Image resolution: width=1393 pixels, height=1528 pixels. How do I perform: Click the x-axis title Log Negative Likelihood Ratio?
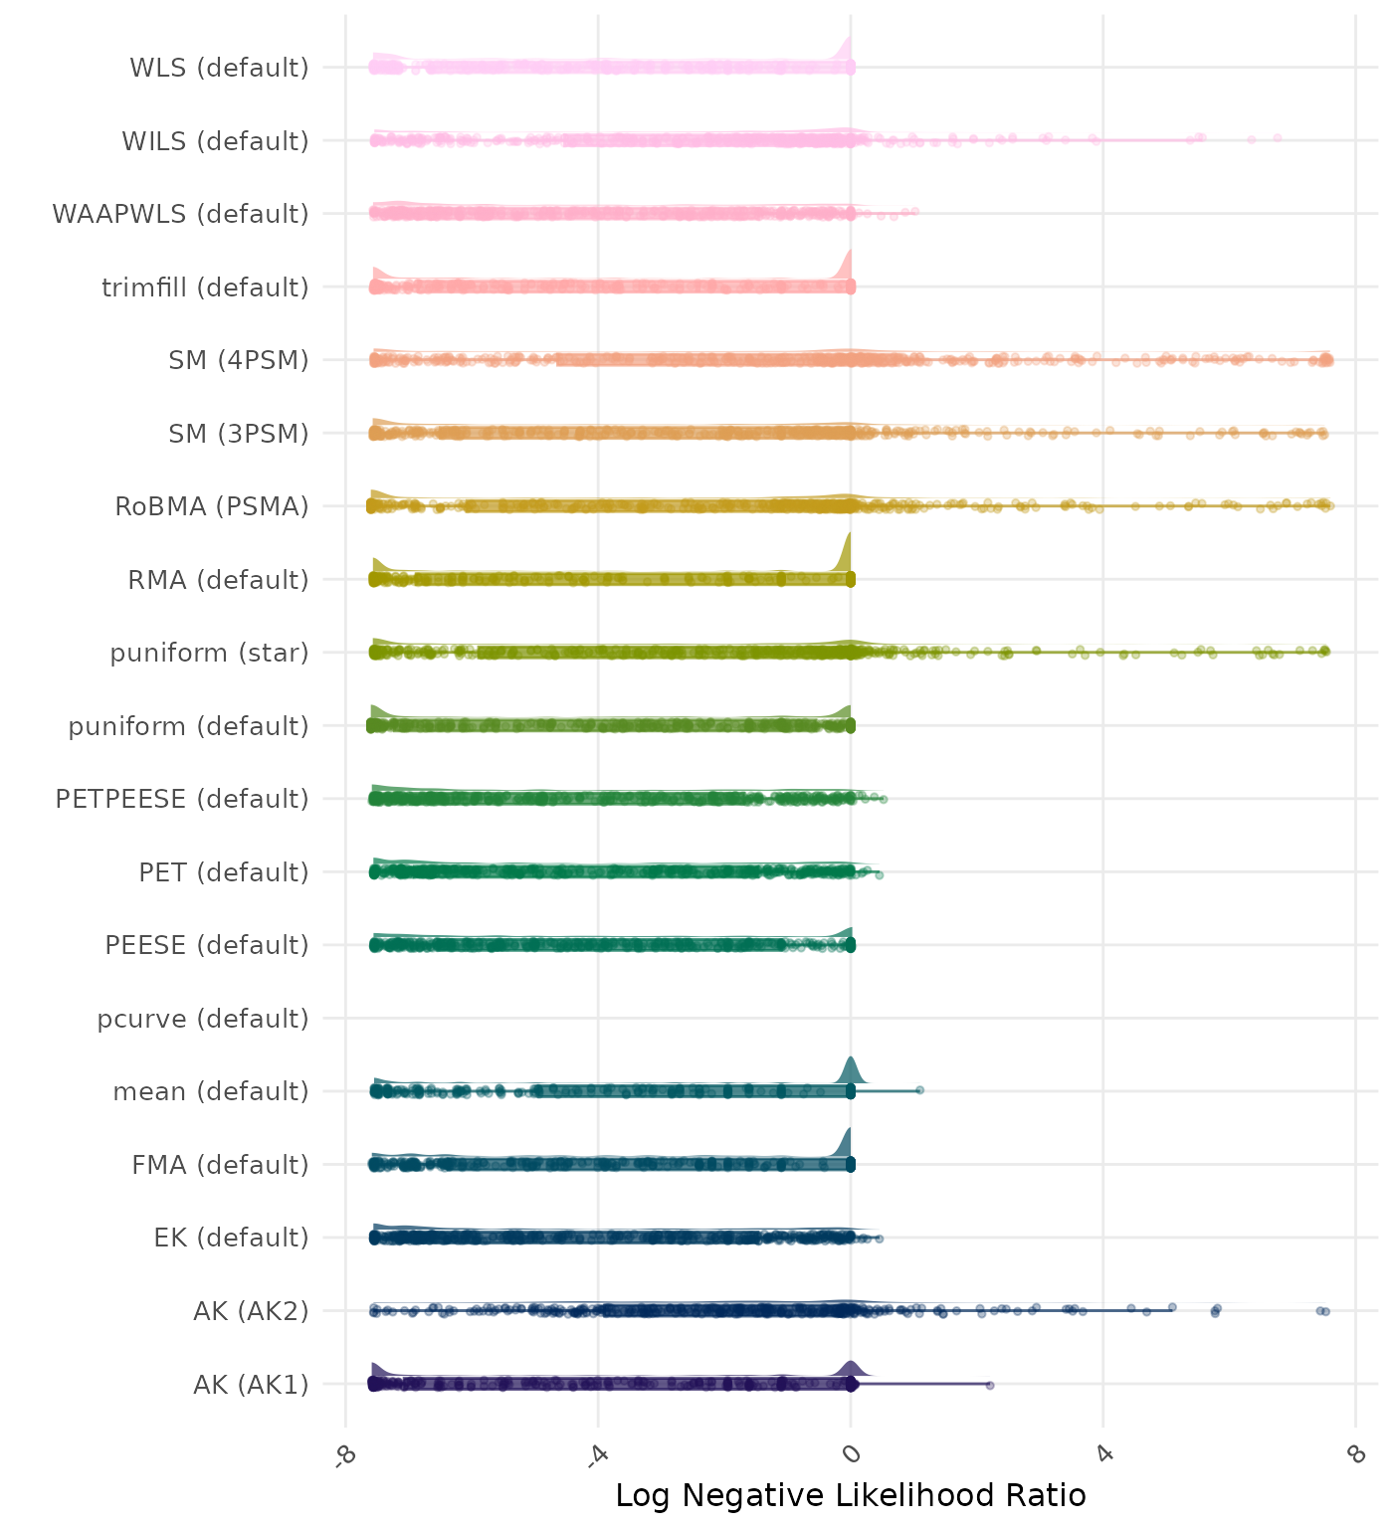[851, 1495]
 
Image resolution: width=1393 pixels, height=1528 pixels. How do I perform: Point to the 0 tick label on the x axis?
[851, 1454]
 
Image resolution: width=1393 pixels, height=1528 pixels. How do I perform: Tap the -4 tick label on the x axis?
[597, 1455]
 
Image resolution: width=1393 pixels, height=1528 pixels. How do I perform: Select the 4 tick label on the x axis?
[1102, 1454]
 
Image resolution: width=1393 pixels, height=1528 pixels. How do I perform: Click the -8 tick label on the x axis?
[344, 1455]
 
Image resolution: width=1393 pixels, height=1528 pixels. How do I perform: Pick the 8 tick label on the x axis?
[1355, 1454]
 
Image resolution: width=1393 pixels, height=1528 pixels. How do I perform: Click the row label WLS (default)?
[219, 68]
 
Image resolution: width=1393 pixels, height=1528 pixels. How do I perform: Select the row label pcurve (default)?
[203, 1019]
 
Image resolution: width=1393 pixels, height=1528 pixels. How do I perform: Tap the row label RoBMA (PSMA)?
[212, 506]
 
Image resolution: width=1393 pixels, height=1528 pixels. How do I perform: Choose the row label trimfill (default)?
[205, 287]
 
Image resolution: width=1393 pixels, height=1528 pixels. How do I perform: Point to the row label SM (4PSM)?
[239, 360]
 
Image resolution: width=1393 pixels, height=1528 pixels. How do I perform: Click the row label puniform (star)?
[209, 653]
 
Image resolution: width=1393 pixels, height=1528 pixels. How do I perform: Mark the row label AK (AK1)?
[251, 1384]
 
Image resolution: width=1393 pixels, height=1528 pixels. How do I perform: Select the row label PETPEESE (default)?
[182, 799]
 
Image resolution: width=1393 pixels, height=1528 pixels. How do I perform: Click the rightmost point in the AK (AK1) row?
[989, 1385]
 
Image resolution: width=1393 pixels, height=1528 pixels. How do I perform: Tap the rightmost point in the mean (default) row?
[919, 1090]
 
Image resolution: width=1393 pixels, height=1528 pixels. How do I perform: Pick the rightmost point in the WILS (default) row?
[1278, 137]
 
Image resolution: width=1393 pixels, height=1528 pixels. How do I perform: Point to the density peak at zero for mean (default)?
[851, 1060]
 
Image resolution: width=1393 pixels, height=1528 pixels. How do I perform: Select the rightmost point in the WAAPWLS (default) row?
[914, 211]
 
